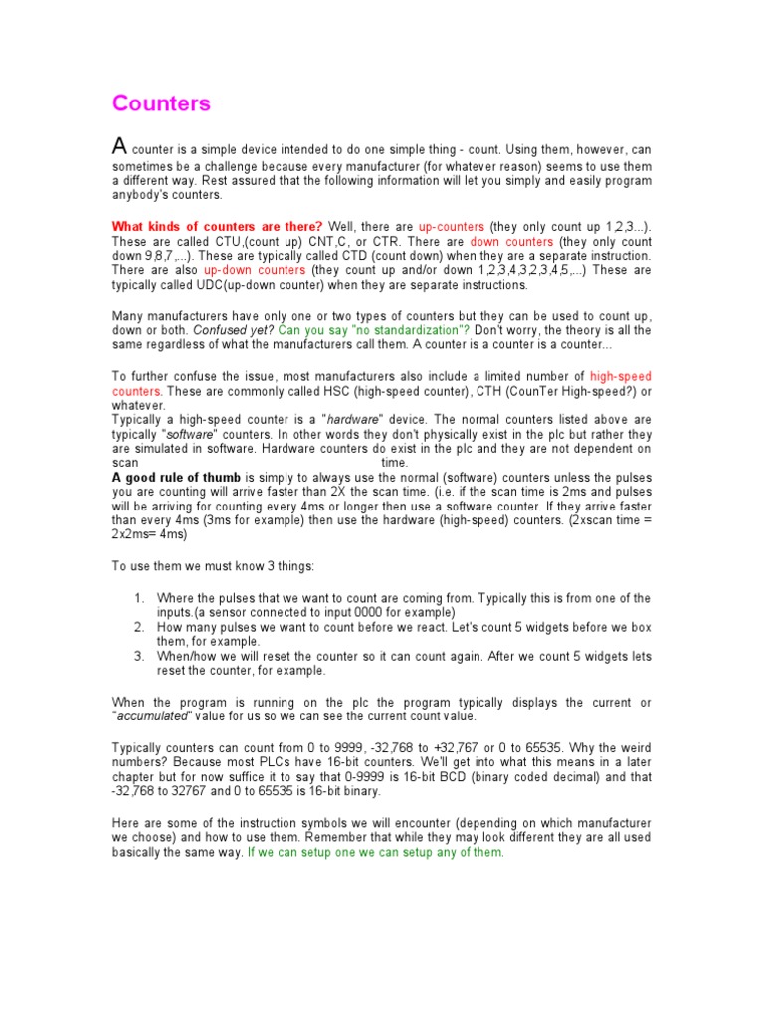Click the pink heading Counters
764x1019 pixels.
pyautogui.click(x=161, y=103)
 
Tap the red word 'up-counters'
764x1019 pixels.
pyautogui.click(x=451, y=226)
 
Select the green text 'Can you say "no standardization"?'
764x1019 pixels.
pyautogui.click(x=375, y=329)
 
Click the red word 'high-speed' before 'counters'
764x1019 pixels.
pyautogui.click(x=621, y=376)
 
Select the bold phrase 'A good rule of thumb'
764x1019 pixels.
pyautogui.click(x=176, y=478)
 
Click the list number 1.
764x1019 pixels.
pyautogui.click(x=139, y=598)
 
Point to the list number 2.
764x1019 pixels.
pyautogui.click(x=139, y=628)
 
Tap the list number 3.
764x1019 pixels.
pyautogui.click(x=139, y=656)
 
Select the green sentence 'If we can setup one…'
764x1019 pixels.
pyautogui.click(x=376, y=852)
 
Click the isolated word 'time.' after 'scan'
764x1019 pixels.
pyautogui.click(x=396, y=463)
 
